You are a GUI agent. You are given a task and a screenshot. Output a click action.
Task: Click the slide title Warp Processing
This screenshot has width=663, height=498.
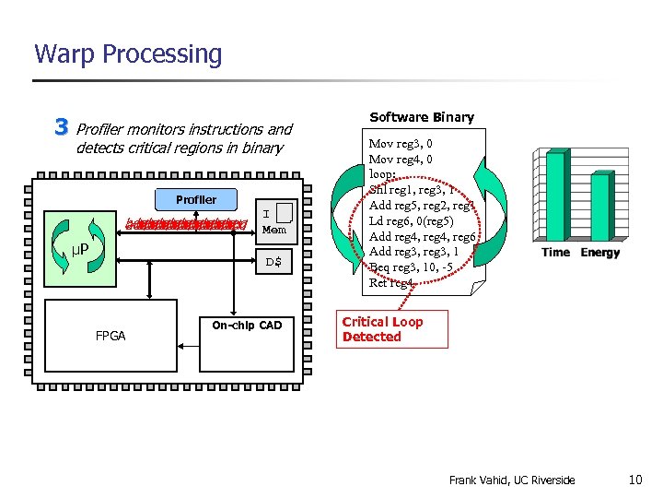point(128,54)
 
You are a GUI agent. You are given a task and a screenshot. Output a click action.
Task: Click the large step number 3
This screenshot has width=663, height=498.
point(62,126)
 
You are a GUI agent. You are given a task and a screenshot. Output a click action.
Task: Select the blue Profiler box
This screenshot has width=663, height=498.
point(196,199)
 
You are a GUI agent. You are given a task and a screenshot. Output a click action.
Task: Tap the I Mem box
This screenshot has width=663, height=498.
point(273,220)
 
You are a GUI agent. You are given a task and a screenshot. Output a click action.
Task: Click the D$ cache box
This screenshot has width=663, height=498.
point(273,263)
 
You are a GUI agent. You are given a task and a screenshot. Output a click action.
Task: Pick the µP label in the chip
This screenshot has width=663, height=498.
point(80,250)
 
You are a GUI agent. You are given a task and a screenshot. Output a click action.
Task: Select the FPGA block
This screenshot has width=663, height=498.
point(110,336)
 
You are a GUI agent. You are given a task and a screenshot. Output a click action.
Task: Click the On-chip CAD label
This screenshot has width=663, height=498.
point(247,326)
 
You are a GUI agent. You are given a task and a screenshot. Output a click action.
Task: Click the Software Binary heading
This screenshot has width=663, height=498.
point(422,117)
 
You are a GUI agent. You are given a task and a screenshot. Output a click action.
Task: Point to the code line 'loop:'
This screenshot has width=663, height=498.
point(383,172)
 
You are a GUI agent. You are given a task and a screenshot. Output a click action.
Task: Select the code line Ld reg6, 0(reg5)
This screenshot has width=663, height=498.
point(415,220)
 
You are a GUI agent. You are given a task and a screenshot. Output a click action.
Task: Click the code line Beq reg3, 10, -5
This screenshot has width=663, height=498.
point(411,267)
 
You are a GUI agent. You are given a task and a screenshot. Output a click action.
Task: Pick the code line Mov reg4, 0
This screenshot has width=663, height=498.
point(401,159)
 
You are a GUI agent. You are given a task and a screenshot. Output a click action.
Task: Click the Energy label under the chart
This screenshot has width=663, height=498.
point(600,253)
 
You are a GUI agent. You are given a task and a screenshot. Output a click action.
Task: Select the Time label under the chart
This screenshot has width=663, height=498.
point(555,253)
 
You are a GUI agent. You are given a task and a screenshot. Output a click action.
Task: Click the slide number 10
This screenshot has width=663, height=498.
point(635,480)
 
